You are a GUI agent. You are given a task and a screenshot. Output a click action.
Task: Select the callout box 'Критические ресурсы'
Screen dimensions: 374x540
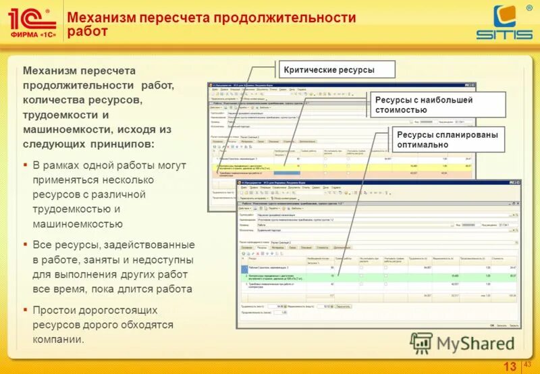click(328, 70)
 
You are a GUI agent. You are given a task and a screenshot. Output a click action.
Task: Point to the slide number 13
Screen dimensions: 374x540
click(510, 366)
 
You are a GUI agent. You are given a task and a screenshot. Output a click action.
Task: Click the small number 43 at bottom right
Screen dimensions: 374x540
click(528, 365)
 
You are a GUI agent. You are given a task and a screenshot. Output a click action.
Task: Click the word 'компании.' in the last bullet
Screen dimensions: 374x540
click(59, 340)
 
